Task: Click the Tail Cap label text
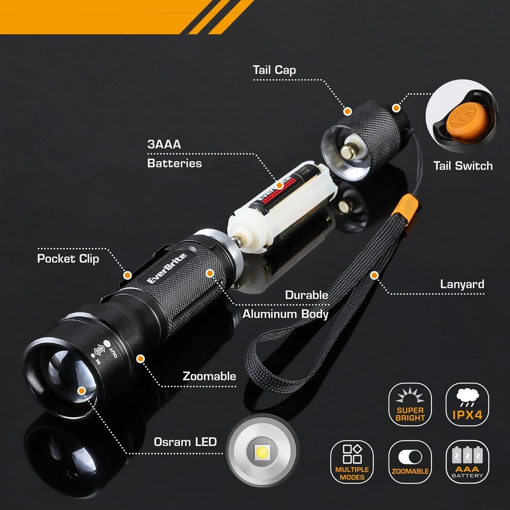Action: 274,70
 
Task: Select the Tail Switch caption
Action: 463,166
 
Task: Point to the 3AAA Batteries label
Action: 174,154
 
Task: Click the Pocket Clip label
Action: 68,259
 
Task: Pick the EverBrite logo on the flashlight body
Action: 167,269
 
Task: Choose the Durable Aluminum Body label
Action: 285,304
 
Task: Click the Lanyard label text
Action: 462,284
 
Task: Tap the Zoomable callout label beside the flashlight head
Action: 209,376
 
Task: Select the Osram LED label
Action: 185,442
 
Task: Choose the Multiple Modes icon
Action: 352,462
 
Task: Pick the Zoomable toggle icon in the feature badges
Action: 410,462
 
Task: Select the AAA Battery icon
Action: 467,462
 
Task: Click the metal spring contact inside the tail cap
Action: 350,150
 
